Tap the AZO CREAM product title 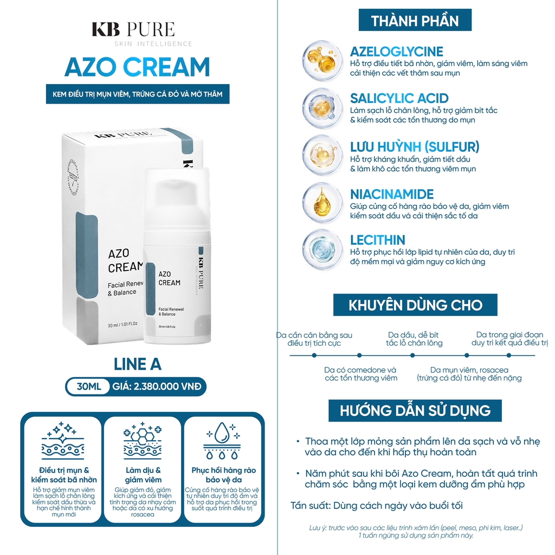click(137, 67)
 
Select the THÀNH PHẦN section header click(415, 21)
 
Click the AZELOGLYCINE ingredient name click(396, 51)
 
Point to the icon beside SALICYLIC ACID click(322, 108)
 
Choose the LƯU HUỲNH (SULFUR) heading click(415, 146)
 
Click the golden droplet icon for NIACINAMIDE click(322, 203)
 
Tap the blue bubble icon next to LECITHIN click(322, 249)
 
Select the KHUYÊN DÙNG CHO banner click(415, 305)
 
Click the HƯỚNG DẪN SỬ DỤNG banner click(415, 411)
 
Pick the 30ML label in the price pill click(88, 386)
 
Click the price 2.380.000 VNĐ click(167, 386)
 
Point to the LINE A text click(138, 364)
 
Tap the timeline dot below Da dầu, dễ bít click(412, 356)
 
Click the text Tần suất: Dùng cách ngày click(377, 506)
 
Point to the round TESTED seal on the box click(73, 178)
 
